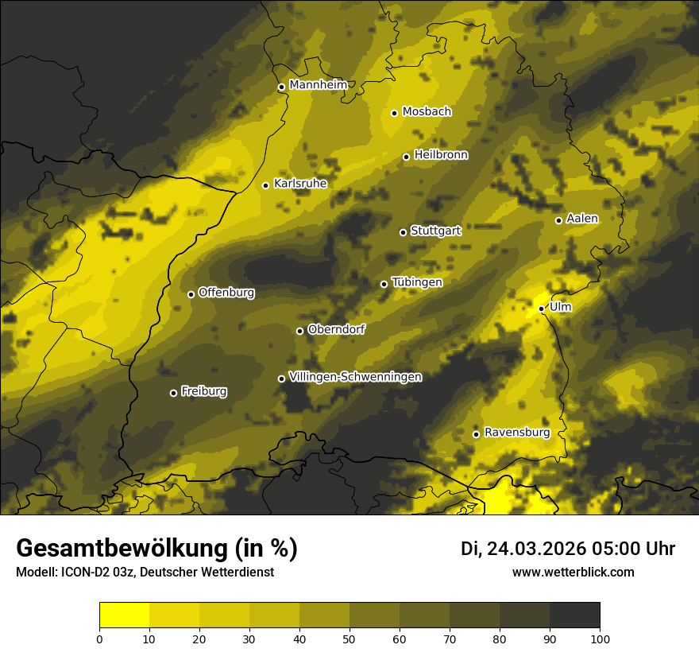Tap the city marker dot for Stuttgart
click(403, 232)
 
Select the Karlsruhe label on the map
click(300, 184)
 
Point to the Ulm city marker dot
click(541, 309)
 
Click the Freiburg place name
click(204, 391)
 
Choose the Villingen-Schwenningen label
click(355, 377)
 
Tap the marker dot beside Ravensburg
click(476, 434)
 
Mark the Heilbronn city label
click(441, 155)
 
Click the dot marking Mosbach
click(394, 113)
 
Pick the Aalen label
click(582, 219)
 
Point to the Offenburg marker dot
click(191, 294)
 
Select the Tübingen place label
click(417, 282)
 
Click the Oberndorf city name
click(336, 329)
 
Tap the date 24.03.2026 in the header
click(536, 549)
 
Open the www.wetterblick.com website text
click(573, 572)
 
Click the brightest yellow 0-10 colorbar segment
click(125, 615)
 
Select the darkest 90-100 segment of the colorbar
click(574, 615)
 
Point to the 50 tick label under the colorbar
click(349, 638)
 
